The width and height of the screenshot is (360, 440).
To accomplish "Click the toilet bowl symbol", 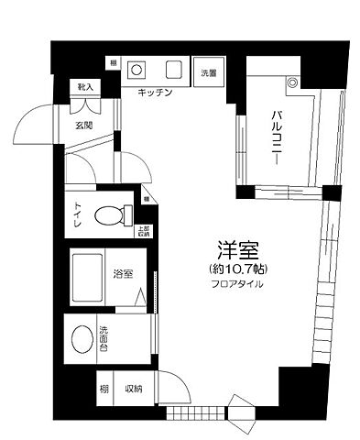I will (x=110, y=216).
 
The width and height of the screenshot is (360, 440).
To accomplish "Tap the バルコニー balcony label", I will (x=275, y=138).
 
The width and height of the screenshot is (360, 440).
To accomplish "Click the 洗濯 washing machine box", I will (x=210, y=72).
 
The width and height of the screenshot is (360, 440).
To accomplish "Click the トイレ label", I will (x=77, y=215).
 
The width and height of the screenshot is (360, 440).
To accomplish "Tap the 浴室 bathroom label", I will (x=121, y=272).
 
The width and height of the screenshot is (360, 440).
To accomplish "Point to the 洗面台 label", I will (x=104, y=339).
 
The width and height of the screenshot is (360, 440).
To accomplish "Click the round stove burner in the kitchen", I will (x=136, y=69).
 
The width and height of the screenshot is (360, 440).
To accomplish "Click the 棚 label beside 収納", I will (x=105, y=389).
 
